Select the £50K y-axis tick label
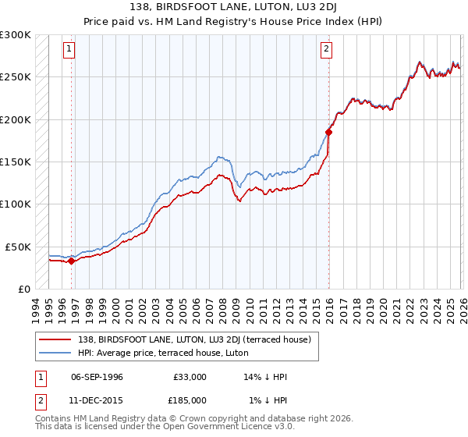click(18, 247)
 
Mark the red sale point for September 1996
click(72, 261)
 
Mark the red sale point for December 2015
click(328, 132)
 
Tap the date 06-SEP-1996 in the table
click(97, 377)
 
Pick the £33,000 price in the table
click(190, 377)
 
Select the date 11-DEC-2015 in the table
click(97, 400)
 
